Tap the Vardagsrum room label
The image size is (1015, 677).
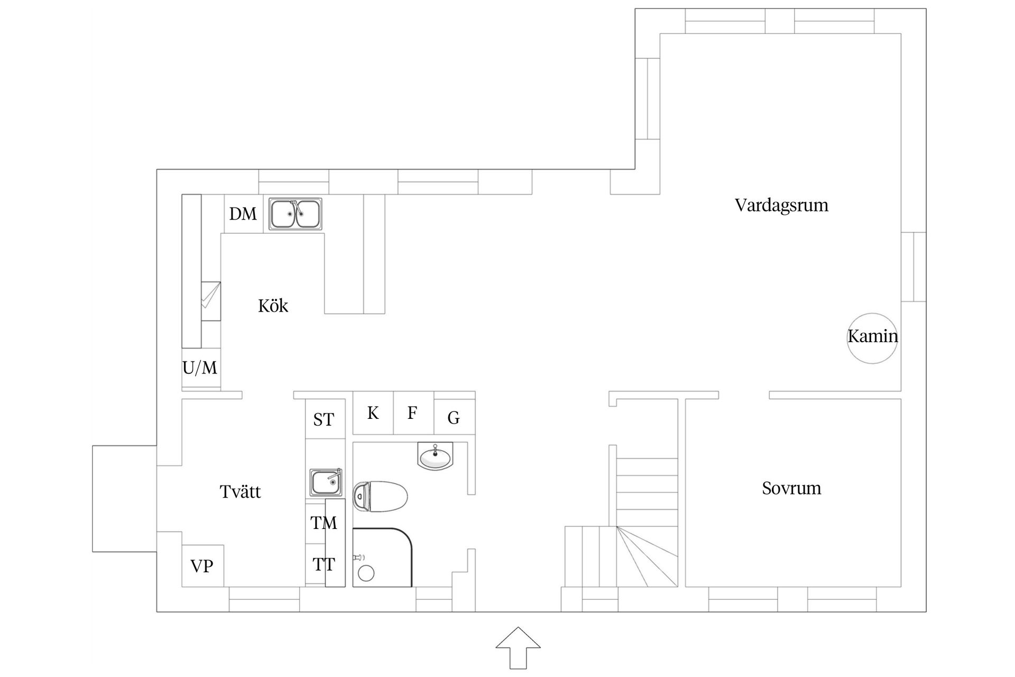pos(781,205)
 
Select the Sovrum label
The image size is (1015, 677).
pos(791,488)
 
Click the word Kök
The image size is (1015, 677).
pos(273,306)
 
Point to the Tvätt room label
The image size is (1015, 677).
pos(241,492)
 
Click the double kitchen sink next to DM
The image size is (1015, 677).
pos(295,214)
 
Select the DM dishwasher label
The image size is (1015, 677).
pos(243,214)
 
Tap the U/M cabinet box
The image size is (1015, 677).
pos(201,368)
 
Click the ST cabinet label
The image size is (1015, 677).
pos(324,420)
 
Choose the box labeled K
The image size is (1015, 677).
pos(373,413)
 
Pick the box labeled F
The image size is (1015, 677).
pos(413,413)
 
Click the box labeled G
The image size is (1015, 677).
pos(454,418)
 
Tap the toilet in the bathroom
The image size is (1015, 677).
pos(382,496)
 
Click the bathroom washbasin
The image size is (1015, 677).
pos(435,455)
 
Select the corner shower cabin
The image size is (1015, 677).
pos(382,557)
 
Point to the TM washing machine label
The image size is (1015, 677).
pos(324,523)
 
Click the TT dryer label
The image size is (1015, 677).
pos(324,564)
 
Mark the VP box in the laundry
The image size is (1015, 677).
pos(202,566)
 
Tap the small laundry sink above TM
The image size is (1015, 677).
pos(325,482)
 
